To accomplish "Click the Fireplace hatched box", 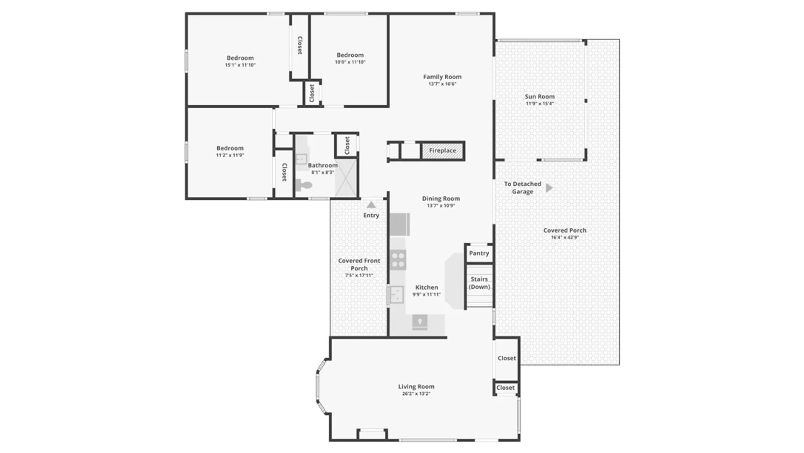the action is tap(442, 151).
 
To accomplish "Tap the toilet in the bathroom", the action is tap(304, 185).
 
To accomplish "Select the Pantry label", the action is tap(479, 253).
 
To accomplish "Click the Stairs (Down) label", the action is tap(479, 283).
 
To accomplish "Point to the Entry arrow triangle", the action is tap(371, 205).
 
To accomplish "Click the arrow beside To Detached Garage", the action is tap(549, 188).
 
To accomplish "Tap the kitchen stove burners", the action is tap(398, 260).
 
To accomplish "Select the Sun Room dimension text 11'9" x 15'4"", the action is tap(540, 104).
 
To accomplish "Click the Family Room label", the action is tap(442, 77).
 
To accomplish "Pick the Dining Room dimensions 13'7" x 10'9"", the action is tap(441, 206).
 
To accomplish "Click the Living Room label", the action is tap(416, 387).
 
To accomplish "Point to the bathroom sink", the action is tap(301, 159).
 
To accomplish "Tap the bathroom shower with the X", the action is tap(346, 178).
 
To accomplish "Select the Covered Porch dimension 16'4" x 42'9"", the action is tap(565, 237).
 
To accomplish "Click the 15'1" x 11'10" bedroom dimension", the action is tap(240, 65).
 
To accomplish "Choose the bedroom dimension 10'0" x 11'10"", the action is tap(350, 62).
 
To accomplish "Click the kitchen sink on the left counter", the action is tap(396, 294).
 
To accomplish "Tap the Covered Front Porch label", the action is tap(359, 264).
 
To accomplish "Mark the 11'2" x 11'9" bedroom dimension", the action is tap(230, 155).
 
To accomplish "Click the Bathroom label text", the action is tap(323, 165).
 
